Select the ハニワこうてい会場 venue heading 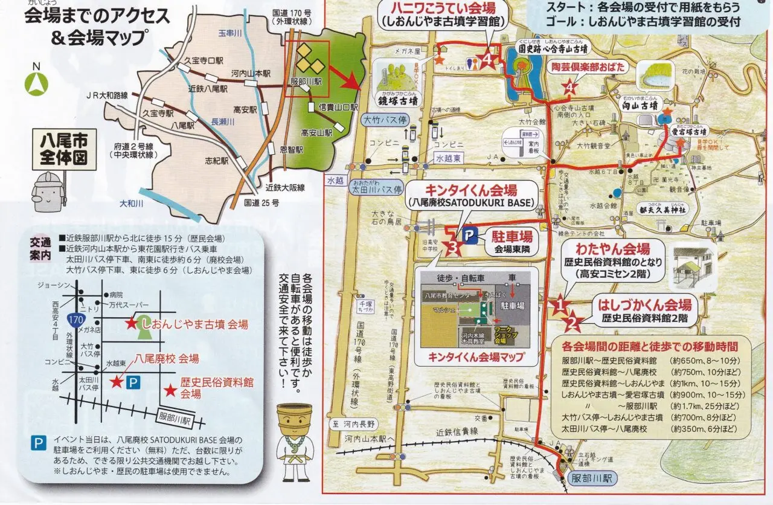443,8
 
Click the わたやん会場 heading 612,249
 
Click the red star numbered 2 573,323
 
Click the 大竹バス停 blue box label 383,120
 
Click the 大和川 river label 131,204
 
